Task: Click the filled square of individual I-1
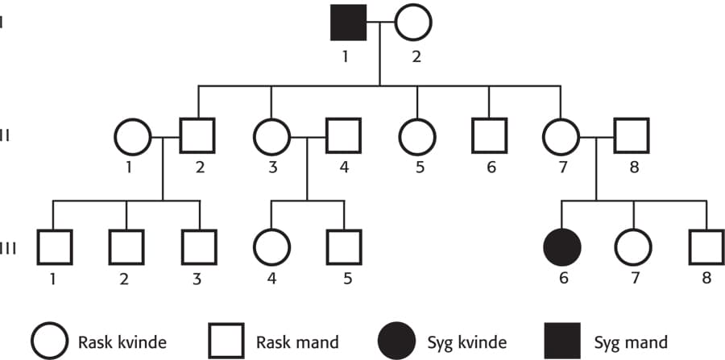(x=348, y=23)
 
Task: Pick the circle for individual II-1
(x=133, y=138)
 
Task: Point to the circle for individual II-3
(x=271, y=138)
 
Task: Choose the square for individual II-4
(x=344, y=138)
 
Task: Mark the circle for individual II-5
(x=416, y=138)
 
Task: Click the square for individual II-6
(x=489, y=138)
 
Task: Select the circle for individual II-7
(x=561, y=138)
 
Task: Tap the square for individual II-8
(x=633, y=138)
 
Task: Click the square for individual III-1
(x=53, y=247)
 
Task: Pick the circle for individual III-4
(x=271, y=247)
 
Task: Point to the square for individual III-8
(x=706, y=247)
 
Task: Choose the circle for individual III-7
(x=633, y=247)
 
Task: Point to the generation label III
(x=7, y=248)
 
